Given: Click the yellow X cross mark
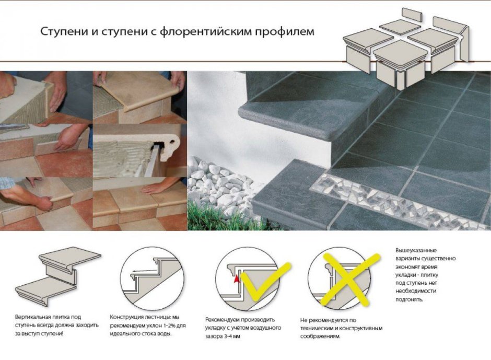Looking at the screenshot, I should pyautogui.click(x=349, y=279).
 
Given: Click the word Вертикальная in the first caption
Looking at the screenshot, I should pyautogui.click(x=33, y=317).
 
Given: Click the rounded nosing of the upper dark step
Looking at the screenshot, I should pyautogui.click(x=313, y=131).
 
